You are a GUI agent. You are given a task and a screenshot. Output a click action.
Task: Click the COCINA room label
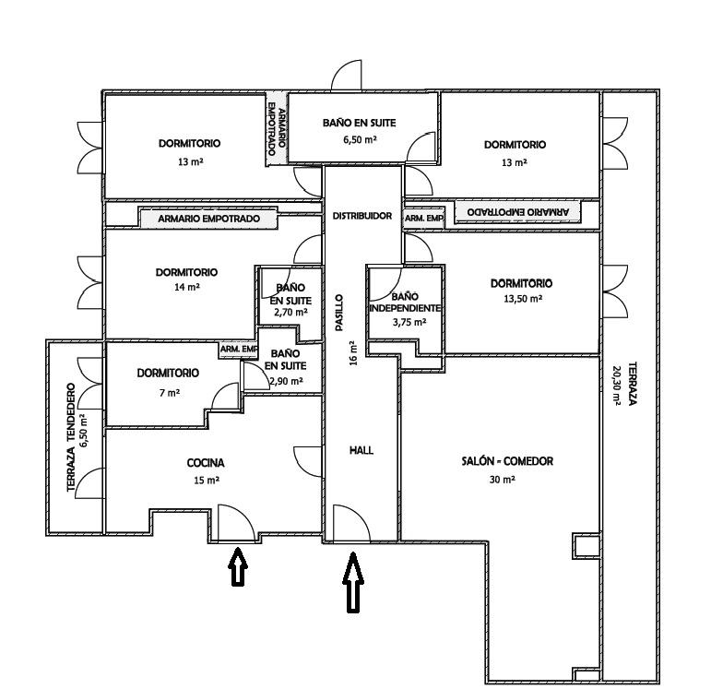coord(206,463)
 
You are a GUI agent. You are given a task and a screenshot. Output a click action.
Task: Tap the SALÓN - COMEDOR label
coord(507,461)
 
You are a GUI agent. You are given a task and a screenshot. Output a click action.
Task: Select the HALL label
coord(361,450)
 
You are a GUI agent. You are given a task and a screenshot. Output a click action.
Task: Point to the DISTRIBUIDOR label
coord(361,215)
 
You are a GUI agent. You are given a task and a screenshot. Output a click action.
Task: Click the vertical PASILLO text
coord(339,314)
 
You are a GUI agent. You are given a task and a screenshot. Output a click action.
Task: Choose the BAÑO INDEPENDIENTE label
coord(404,302)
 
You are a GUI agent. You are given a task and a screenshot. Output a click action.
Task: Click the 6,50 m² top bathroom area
coord(361,138)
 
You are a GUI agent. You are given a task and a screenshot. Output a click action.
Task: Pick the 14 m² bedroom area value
coord(187,288)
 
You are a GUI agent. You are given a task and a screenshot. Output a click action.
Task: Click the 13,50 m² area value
coord(523,299)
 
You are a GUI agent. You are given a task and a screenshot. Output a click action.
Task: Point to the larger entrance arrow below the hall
coord(352,582)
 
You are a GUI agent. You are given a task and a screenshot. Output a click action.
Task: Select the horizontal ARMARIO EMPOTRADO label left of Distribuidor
coord(209,220)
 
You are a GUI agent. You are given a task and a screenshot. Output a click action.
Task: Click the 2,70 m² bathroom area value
coord(290,313)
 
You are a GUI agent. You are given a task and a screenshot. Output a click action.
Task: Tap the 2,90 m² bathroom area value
coord(288,380)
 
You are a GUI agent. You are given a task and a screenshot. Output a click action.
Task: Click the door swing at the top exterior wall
coord(348,76)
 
